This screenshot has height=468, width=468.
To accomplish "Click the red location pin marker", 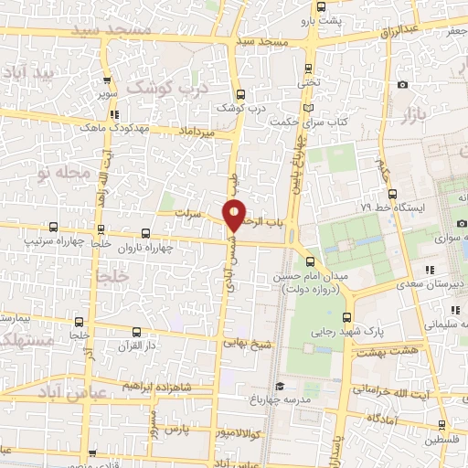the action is coord(235,213).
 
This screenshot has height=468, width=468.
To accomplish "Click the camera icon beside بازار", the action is coord(403,85).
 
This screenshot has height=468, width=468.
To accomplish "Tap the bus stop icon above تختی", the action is coord(308,68).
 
